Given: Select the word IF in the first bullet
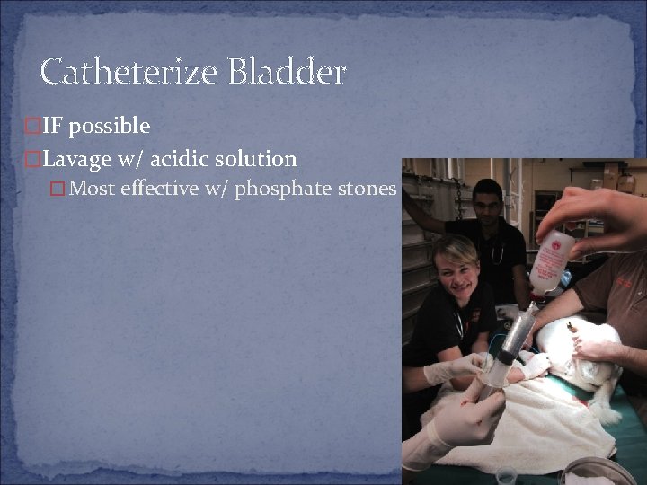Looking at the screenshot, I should [54, 125].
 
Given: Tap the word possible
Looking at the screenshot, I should [110, 126].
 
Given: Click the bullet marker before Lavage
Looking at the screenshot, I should [33, 160].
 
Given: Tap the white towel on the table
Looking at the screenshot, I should [512, 431].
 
